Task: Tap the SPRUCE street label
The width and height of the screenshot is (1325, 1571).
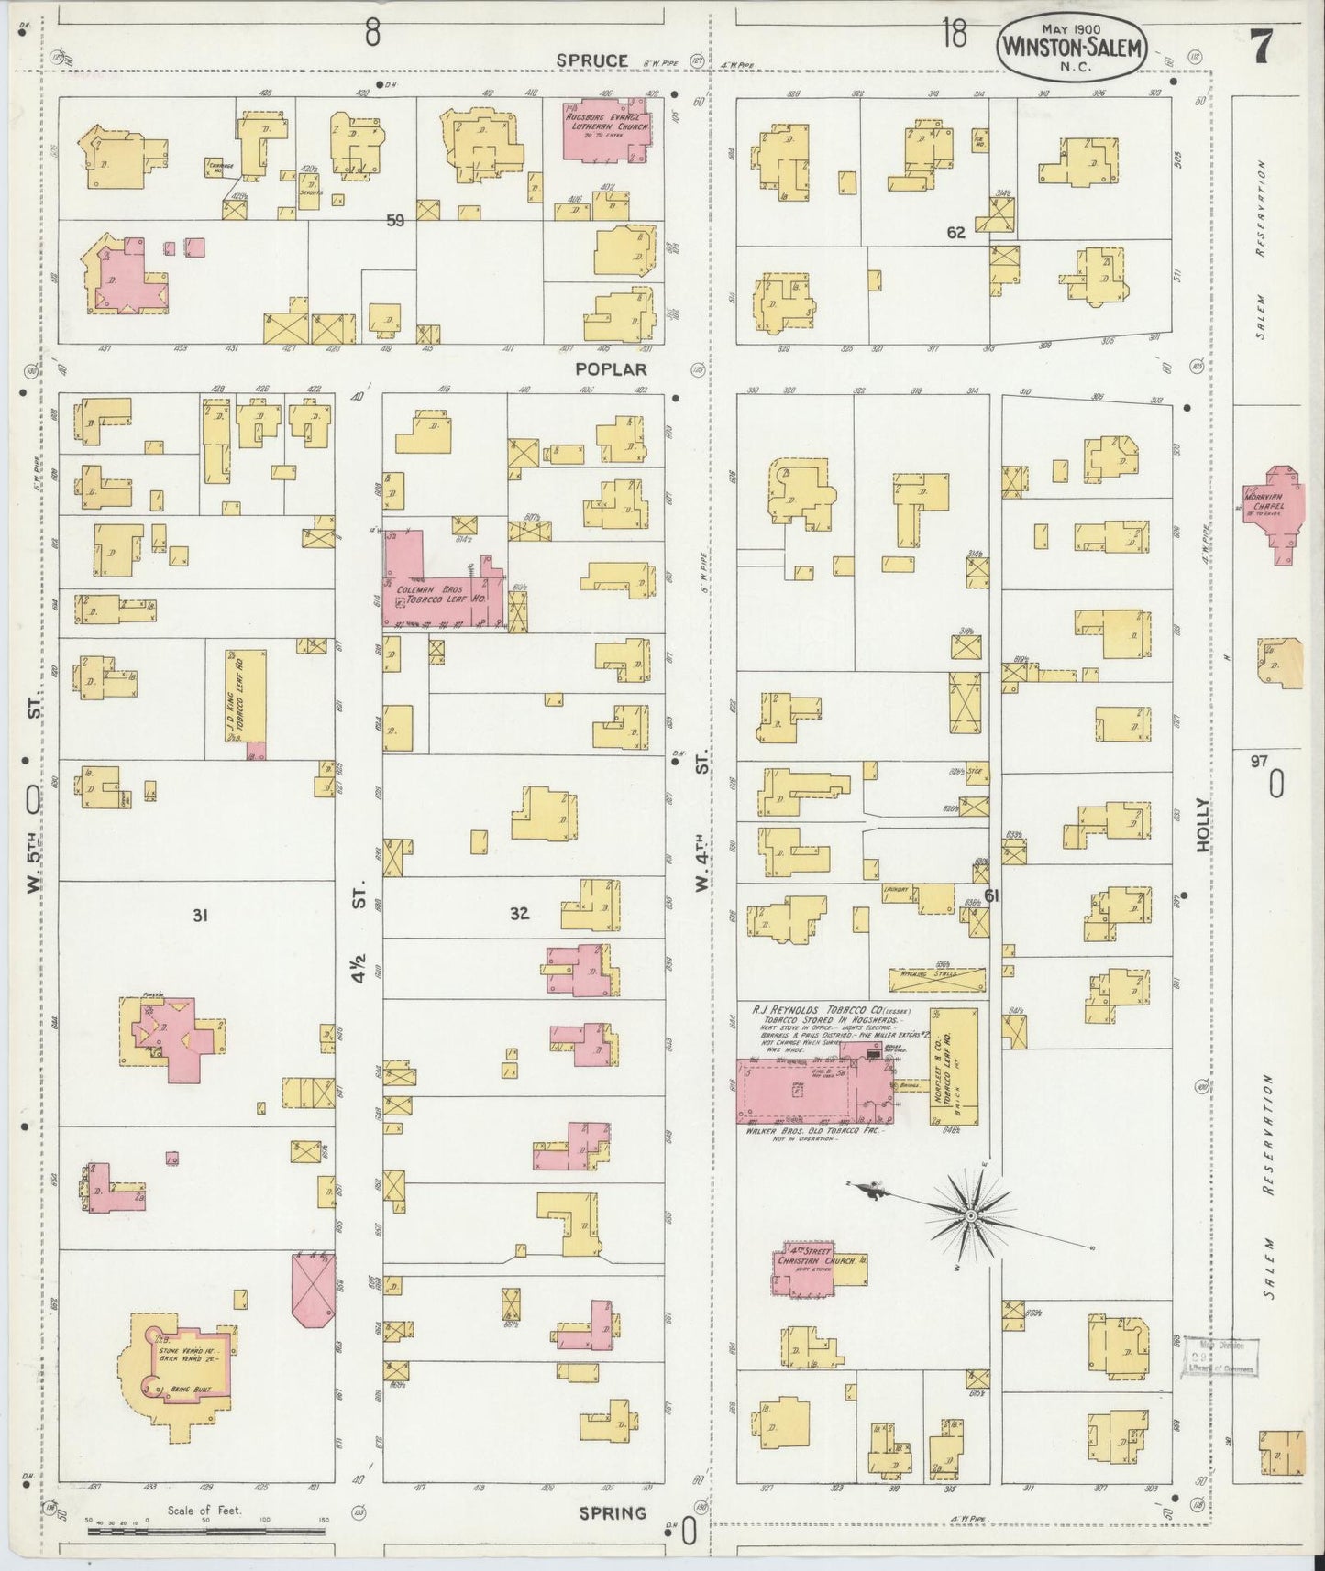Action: point(592,60)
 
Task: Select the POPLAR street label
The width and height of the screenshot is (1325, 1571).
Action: point(612,369)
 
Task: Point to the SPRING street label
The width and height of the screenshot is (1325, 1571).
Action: point(612,1512)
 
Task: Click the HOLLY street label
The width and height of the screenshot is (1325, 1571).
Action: point(1203,826)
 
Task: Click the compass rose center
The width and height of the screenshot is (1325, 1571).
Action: point(969,1215)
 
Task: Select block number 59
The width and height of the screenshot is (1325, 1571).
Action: point(395,220)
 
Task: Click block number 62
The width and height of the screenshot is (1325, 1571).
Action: point(955,233)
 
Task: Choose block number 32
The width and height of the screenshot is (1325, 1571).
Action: point(519,914)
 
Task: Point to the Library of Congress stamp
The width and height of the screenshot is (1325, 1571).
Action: point(1220,1356)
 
